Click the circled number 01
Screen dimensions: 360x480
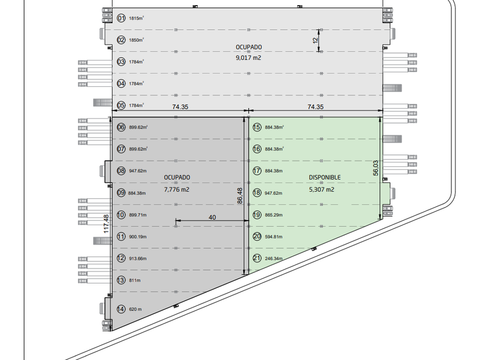coord(121,18)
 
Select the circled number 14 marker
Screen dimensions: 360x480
coord(121,309)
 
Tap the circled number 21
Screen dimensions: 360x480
coord(257,258)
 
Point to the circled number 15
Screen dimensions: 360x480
coord(257,127)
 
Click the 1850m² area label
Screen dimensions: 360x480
coord(137,40)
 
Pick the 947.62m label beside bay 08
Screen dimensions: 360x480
coord(138,171)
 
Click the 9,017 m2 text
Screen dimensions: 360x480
coord(249,57)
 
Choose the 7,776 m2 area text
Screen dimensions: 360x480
coord(177,189)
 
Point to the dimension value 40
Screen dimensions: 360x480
coord(213,217)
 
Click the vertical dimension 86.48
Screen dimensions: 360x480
coord(239,196)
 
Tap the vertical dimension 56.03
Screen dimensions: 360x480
coord(375,167)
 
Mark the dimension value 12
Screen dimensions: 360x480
coord(314,40)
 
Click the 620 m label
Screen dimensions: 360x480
coord(135,310)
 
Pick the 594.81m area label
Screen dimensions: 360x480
coord(274,236)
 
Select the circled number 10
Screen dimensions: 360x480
coord(121,215)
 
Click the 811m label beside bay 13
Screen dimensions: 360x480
coord(134,280)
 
